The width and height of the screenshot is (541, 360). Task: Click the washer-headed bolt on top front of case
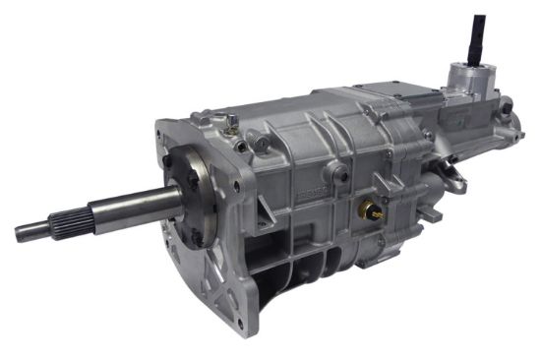230,123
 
